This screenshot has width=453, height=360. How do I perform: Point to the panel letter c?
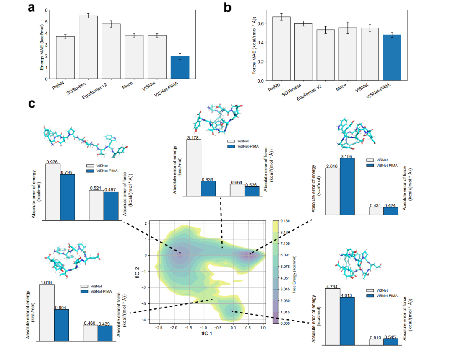click(31, 103)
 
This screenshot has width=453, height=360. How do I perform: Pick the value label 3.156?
click(347, 156)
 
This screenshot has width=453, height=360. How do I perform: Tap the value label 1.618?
click(47, 282)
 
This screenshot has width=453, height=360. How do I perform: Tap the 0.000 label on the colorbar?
click(285, 324)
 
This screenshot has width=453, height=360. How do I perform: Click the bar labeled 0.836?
click(208, 189)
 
